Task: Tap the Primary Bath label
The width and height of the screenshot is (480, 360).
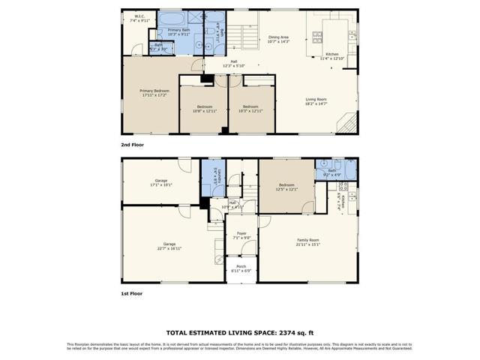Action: [x=168, y=31]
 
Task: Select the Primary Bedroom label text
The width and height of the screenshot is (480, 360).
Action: [x=152, y=93]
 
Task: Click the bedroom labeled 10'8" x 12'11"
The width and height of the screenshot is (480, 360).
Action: [x=199, y=109]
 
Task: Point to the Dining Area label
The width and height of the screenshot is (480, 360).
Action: [x=279, y=39]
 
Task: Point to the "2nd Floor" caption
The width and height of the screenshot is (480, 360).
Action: [x=132, y=144]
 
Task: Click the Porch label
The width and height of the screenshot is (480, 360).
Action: [x=241, y=268]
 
